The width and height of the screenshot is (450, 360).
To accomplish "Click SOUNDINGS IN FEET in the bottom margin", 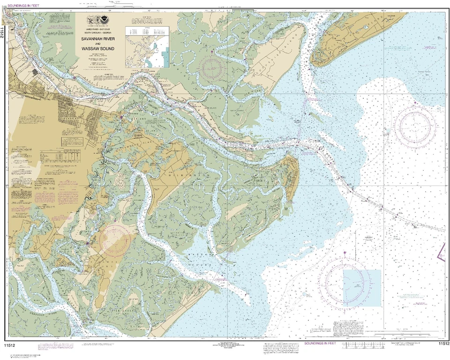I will pyautogui.click(x=321, y=344).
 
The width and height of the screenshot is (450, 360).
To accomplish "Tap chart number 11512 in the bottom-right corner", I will pyautogui.click(x=443, y=344).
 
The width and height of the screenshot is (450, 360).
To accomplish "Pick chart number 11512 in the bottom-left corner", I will pyautogui.click(x=10, y=345).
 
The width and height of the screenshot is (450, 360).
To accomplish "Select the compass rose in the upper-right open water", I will pyautogui.click(x=415, y=126).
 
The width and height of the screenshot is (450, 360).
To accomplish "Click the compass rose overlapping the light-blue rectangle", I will pyautogui.click(x=345, y=281).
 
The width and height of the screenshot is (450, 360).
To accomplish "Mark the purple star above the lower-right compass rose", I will pyautogui.click(x=345, y=253).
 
